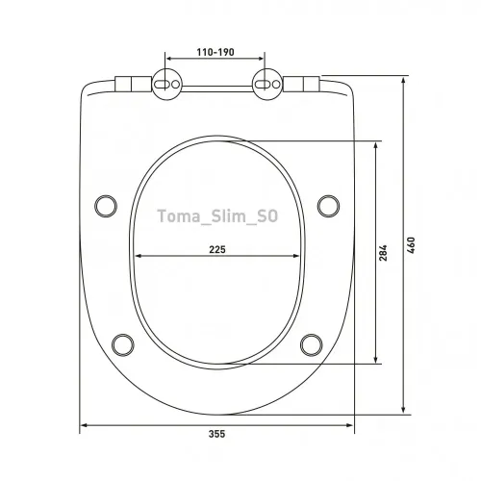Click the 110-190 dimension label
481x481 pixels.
click(215, 52)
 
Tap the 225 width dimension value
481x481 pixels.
click(217, 249)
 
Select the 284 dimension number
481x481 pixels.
click(383, 253)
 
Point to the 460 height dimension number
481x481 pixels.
click(411, 245)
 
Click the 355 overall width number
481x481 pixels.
click(217, 434)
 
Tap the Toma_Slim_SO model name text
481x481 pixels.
click(217, 215)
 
